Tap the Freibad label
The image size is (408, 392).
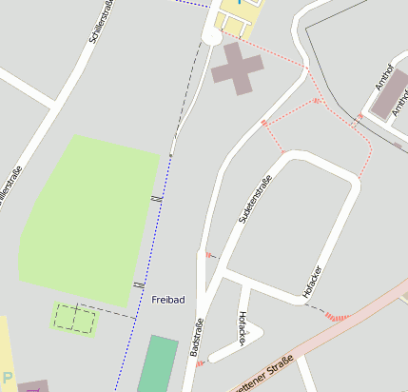167,300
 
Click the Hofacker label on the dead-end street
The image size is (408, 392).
243,327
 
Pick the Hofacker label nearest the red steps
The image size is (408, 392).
312,283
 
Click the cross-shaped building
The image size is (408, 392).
237,68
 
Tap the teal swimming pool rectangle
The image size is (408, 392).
158,363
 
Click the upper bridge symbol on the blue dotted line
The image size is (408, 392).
157,197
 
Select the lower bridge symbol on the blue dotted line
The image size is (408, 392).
139,284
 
